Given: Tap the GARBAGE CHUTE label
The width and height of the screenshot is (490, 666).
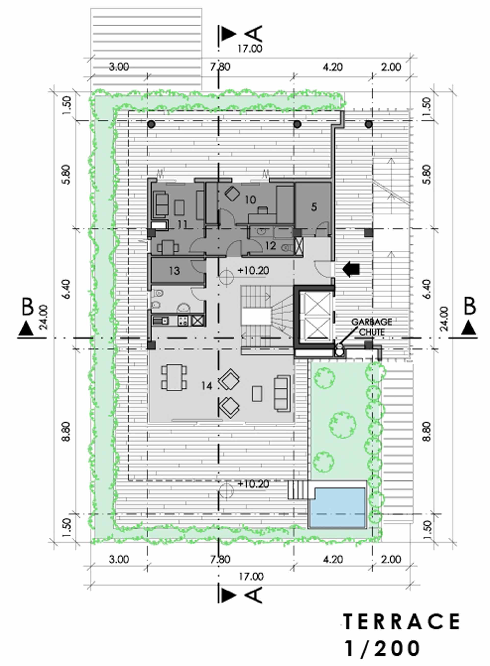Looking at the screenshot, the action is click(x=372, y=327).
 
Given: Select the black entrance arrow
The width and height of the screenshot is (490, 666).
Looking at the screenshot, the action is click(x=351, y=269).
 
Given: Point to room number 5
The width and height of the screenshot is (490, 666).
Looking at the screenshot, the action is click(x=314, y=207).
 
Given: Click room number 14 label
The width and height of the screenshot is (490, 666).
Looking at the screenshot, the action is click(x=207, y=386).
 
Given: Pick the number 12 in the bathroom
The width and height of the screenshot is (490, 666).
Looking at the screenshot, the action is click(x=271, y=246).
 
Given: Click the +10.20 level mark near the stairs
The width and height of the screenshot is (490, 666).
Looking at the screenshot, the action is click(x=253, y=270).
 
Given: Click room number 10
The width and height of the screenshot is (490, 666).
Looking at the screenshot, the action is click(x=251, y=200).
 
